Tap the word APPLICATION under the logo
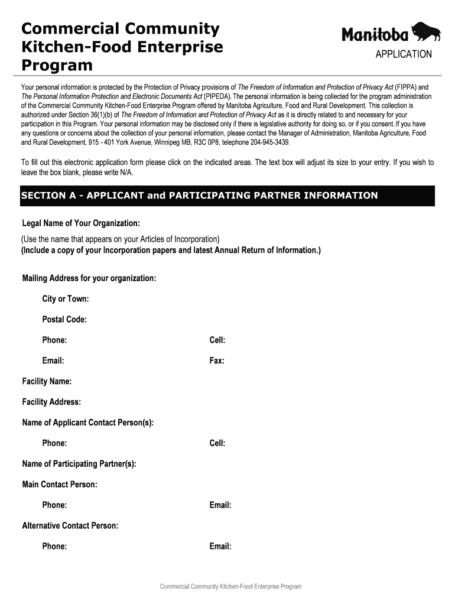pos(404,54)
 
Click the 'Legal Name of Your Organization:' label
pos(81,223)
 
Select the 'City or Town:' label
pos(65,299)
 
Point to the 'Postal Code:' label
pos(64,320)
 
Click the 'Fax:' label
pos(217,361)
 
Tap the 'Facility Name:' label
pos(47,382)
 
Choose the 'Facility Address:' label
pos(51,402)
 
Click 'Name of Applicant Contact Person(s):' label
pos(88,423)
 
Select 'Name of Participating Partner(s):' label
pos(79,464)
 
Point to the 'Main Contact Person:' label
pos(60,485)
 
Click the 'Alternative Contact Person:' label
pos(70,526)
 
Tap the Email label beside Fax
pos(53,361)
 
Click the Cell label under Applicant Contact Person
pos(217,444)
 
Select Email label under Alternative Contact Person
pos(220,547)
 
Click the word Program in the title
pos(57,65)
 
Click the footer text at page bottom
pos(231,587)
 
